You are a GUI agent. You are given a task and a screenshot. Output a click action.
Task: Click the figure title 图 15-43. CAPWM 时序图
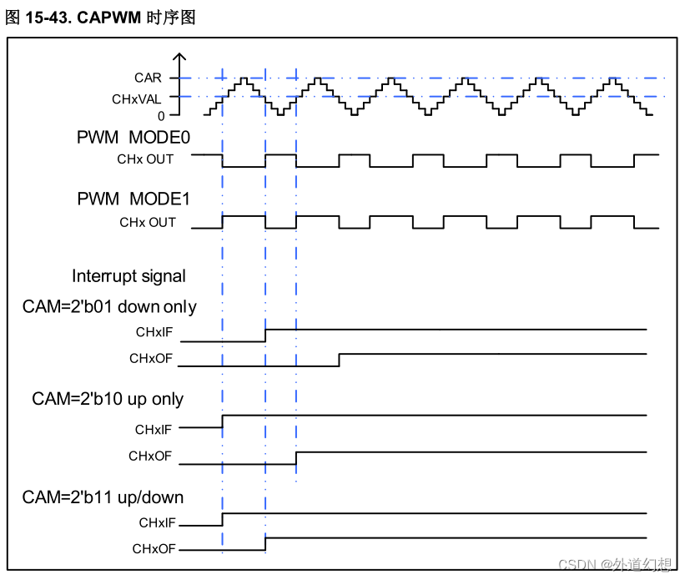click(x=100, y=18)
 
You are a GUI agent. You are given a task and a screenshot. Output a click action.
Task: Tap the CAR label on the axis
click(x=149, y=78)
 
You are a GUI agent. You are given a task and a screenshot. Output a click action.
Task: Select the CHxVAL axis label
click(x=139, y=98)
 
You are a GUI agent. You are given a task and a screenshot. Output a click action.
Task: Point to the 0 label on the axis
click(x=161, y=116)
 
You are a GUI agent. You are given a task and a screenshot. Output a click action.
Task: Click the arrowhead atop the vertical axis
click(x=179, y=57)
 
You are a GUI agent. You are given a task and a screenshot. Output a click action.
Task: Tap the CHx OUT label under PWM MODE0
click(x=145, y=159)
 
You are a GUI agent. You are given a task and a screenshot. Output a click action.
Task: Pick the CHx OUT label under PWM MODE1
click(x=148, y=222)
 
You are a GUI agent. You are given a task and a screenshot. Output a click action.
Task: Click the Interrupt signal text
click(x=128, y=276)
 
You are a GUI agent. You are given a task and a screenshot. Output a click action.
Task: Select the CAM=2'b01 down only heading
click(x=109, y=307)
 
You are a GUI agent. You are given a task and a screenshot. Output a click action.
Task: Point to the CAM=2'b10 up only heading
click(x=108, y=399)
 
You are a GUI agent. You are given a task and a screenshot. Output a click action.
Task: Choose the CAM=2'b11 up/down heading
click(x=103, y=497)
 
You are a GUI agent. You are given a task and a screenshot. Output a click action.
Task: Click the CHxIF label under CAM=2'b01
click(x=154, y=332)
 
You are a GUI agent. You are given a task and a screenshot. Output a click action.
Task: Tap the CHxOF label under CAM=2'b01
click(x=150, y=359)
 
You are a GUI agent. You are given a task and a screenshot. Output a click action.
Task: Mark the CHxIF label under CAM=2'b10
click(x=154, y=430)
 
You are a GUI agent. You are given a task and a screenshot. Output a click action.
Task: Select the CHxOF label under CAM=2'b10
click(x=150, y=456)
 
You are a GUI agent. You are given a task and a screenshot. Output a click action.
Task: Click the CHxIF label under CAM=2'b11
click(x=157, y=523)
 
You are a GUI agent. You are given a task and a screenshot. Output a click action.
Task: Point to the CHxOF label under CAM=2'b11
click(x=154, y=549)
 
